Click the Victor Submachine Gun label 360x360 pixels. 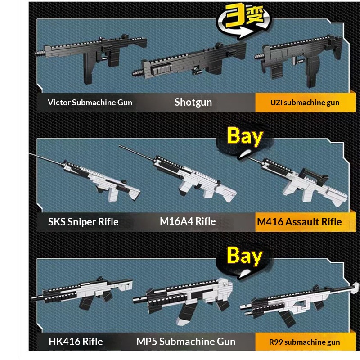coord(90,103)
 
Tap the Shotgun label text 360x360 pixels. coord(193,102)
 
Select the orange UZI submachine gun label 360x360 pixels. coord(305,103)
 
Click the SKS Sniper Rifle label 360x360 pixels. coord(83,222)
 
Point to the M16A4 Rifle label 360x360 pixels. coord(188,221)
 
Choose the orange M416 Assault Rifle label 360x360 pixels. coord(299,222)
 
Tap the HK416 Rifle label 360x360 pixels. coord(76,342)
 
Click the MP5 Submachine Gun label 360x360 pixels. coord(186,342)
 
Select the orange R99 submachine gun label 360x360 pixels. coord(304,342)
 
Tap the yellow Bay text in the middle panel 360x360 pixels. coord(245,136)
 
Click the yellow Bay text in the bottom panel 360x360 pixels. coord(245,256)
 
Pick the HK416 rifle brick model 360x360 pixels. coord(85,292)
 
